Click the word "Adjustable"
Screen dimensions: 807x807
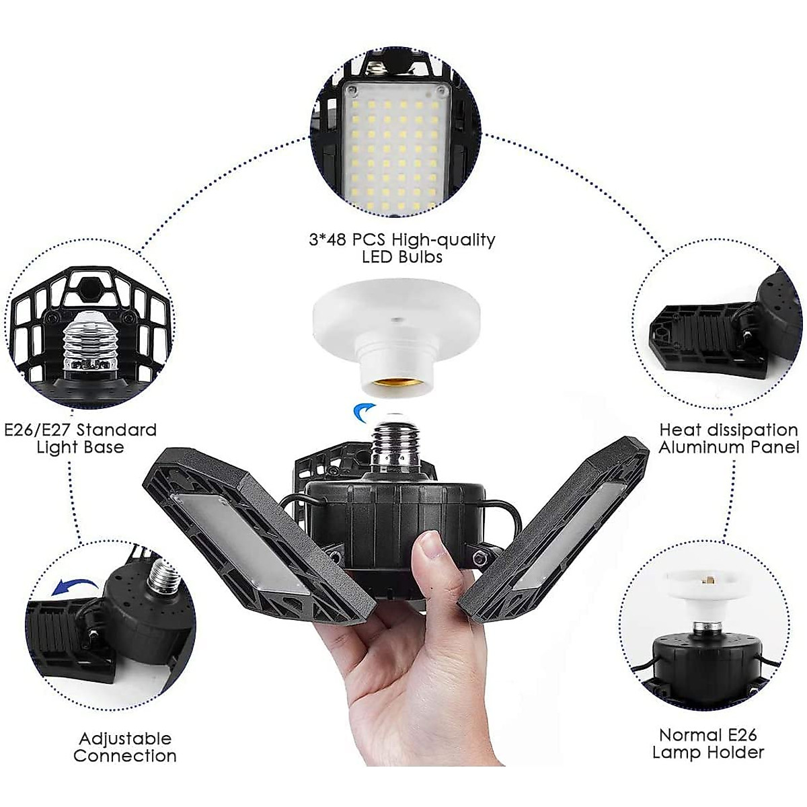(125, 720)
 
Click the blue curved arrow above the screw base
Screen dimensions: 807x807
(365, 410)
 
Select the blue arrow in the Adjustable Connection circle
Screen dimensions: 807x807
(71, 586)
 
